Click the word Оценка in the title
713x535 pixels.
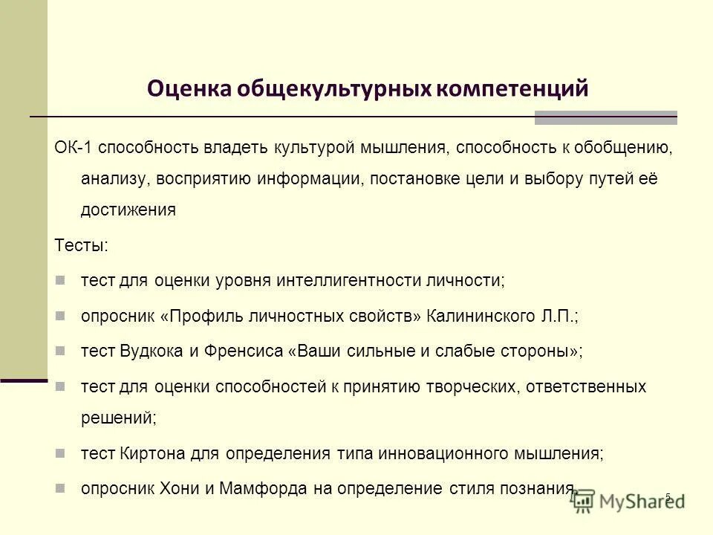tap(188, 88)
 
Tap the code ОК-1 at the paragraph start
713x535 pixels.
tap(73, 147)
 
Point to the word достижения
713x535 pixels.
tap(128, 210)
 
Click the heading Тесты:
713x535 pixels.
tap(81, 244)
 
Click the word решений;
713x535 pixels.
tap(118, 418)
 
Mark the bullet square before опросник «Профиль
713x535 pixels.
tap(62, 315)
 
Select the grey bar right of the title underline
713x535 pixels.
tap(605, 117)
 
